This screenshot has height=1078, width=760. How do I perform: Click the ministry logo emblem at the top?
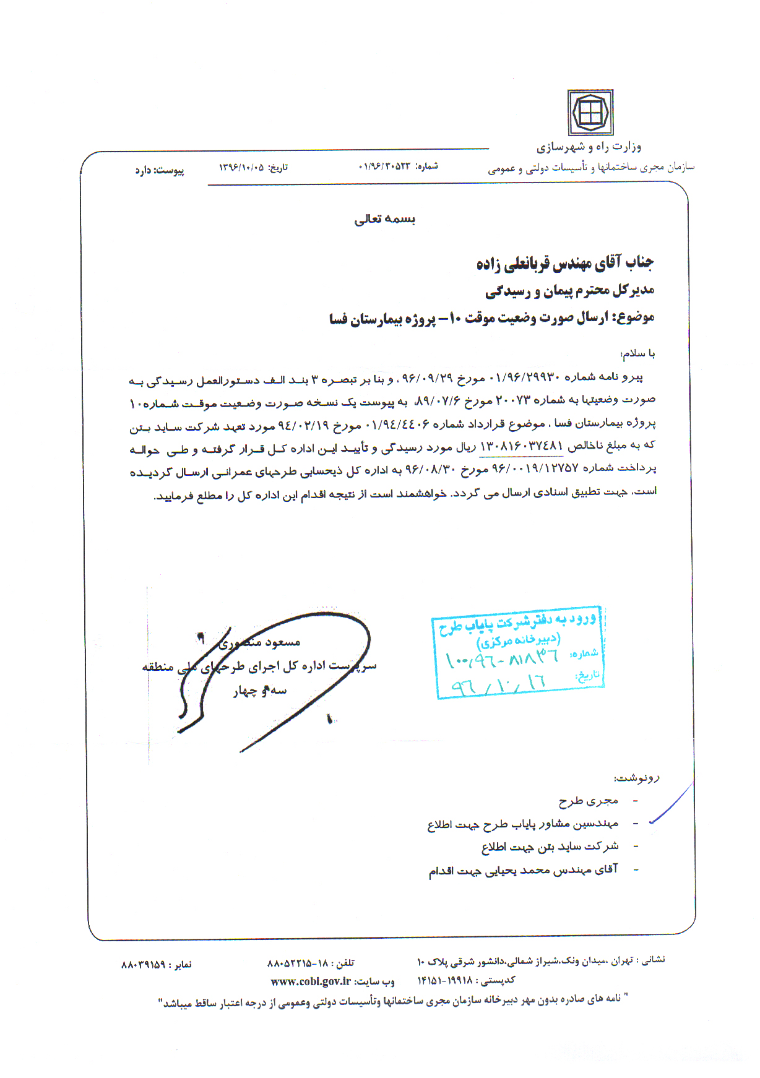(590, 113)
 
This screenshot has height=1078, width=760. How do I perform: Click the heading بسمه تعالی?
(384, 219)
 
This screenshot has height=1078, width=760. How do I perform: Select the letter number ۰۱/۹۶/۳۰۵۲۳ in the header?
(384, 166)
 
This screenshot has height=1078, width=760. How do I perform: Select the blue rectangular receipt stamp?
(518, 652)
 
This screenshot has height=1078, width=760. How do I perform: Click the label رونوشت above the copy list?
(637, 778)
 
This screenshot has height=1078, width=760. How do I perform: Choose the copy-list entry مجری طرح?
(588, 801)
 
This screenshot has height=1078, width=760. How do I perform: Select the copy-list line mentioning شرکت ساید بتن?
(550, 847)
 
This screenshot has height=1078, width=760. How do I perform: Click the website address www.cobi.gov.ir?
(311, 981)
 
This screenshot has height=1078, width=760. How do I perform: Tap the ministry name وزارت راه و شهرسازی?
(589, 147)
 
